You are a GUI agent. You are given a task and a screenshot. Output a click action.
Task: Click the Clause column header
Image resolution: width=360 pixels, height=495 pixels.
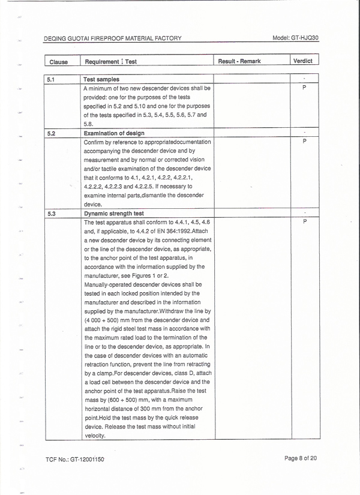pyautogui.click(x=58, y=62)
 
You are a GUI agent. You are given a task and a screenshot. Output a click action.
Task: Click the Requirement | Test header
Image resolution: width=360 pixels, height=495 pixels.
pyautogui.click(x=111, y=62)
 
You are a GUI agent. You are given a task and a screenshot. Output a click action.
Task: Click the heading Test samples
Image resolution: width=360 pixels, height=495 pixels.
pyautogui.click(x=101, y=79)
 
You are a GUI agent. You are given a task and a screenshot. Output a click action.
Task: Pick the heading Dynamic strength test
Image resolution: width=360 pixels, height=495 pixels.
pyautogui.click(x=113, y=213)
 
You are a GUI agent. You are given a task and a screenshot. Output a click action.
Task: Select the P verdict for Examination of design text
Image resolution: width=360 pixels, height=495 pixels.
pyautogui.click(x=305, y=142)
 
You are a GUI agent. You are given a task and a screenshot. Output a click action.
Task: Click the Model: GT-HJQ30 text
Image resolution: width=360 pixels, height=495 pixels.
pyautogui.click(x=295, y=37)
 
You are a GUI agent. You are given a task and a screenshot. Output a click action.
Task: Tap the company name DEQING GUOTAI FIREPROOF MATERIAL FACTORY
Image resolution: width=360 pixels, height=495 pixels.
pyautogui.click(x=113, y=38)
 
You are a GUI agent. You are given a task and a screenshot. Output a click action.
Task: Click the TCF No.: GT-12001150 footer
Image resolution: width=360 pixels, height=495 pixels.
pyautogui.click(x=75, y=460)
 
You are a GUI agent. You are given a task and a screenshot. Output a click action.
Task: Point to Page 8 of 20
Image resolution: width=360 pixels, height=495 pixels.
pyautogui.click(x=301, y=459)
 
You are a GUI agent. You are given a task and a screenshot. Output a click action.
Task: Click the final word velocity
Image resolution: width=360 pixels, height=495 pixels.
pyautogui.click(x=95, y=436)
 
